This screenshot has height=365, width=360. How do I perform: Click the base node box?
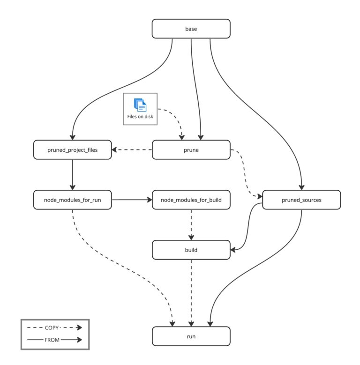point(191,29)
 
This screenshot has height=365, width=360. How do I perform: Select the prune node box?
point(191,150)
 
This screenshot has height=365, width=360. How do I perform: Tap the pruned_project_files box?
point(73,150)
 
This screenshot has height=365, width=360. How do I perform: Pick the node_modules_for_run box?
point(73,200)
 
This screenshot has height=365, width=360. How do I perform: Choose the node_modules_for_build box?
point(191,200)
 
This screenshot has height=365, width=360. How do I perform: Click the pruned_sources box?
point(301,200)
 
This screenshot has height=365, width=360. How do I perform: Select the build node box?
point(191,250)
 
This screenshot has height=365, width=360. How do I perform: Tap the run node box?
point(191,336)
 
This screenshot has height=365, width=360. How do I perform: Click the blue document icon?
point(140,105)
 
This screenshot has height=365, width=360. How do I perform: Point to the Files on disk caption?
point(140,117)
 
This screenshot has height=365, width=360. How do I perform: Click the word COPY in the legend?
point(52,328)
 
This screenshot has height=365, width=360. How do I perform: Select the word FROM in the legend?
point(52,340)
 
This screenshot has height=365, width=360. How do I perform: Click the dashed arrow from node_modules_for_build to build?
point(191,225)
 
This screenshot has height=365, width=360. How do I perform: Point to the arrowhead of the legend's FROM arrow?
point(79,340)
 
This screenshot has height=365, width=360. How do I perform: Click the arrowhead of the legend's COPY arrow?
point(79,328)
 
